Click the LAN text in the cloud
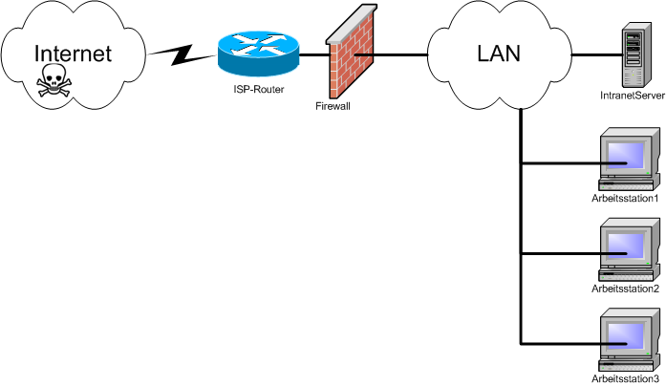498,54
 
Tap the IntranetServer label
625,96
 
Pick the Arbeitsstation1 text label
626,198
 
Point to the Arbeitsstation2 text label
626,289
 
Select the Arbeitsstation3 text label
626,379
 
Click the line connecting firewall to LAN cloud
397,55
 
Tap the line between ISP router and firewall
308,55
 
